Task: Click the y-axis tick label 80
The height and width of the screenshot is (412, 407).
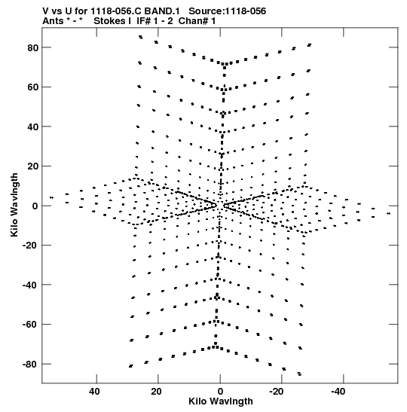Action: click(x=33, y=47)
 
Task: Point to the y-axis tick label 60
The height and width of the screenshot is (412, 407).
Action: click(x=33, y=87)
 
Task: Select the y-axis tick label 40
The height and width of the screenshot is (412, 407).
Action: click(x=33, y=127)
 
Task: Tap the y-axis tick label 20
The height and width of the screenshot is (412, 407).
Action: click(x=33, y=166)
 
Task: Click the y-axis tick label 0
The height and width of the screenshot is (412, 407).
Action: click(x=35, y=206)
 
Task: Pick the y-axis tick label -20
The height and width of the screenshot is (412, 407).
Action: click(x=30, y=246)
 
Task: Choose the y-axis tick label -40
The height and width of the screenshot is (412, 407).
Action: click(x=30, y=285)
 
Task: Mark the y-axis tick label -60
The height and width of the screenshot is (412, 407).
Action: click(x=30, y=325)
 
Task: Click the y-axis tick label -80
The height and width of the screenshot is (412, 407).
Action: click(x=30, y=365)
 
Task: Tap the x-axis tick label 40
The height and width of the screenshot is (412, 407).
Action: click(x=94, y=392)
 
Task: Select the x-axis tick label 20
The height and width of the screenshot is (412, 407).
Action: click(x=156, y=392)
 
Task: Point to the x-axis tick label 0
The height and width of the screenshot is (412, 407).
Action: click(x=220, y=392)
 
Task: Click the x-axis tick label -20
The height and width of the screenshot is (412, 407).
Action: click(x=277, y=392)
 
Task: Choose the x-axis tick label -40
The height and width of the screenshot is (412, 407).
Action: click(x=338, y=392)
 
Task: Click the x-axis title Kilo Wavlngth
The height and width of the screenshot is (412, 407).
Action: click(x=221, y=401)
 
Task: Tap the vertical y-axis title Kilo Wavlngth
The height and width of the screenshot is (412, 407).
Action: click(x=14, y=205)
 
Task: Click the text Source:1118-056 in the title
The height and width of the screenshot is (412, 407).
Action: click(x=228, y=11)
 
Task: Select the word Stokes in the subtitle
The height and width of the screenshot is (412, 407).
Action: click(x=112, y=21)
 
